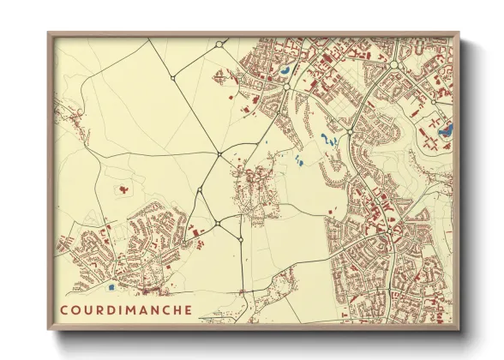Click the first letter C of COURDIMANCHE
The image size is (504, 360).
[65, 309]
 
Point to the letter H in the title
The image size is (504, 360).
[177, 309]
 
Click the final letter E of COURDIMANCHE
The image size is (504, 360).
[189, 309]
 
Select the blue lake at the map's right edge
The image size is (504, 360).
[444, 131]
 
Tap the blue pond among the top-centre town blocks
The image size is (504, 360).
[283, 72]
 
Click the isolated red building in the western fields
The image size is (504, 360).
[125, 187]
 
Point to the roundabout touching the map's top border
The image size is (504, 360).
[219, 44]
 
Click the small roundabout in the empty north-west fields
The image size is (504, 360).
[173, 78]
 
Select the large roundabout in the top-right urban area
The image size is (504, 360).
[394, 64]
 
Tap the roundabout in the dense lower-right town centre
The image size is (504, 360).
[390, 229]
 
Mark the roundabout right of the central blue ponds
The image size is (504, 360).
[351, 131]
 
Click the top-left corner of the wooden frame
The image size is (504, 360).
[49, 33]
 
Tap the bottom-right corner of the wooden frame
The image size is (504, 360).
[459, 330]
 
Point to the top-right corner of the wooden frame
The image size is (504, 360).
[459, 33]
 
